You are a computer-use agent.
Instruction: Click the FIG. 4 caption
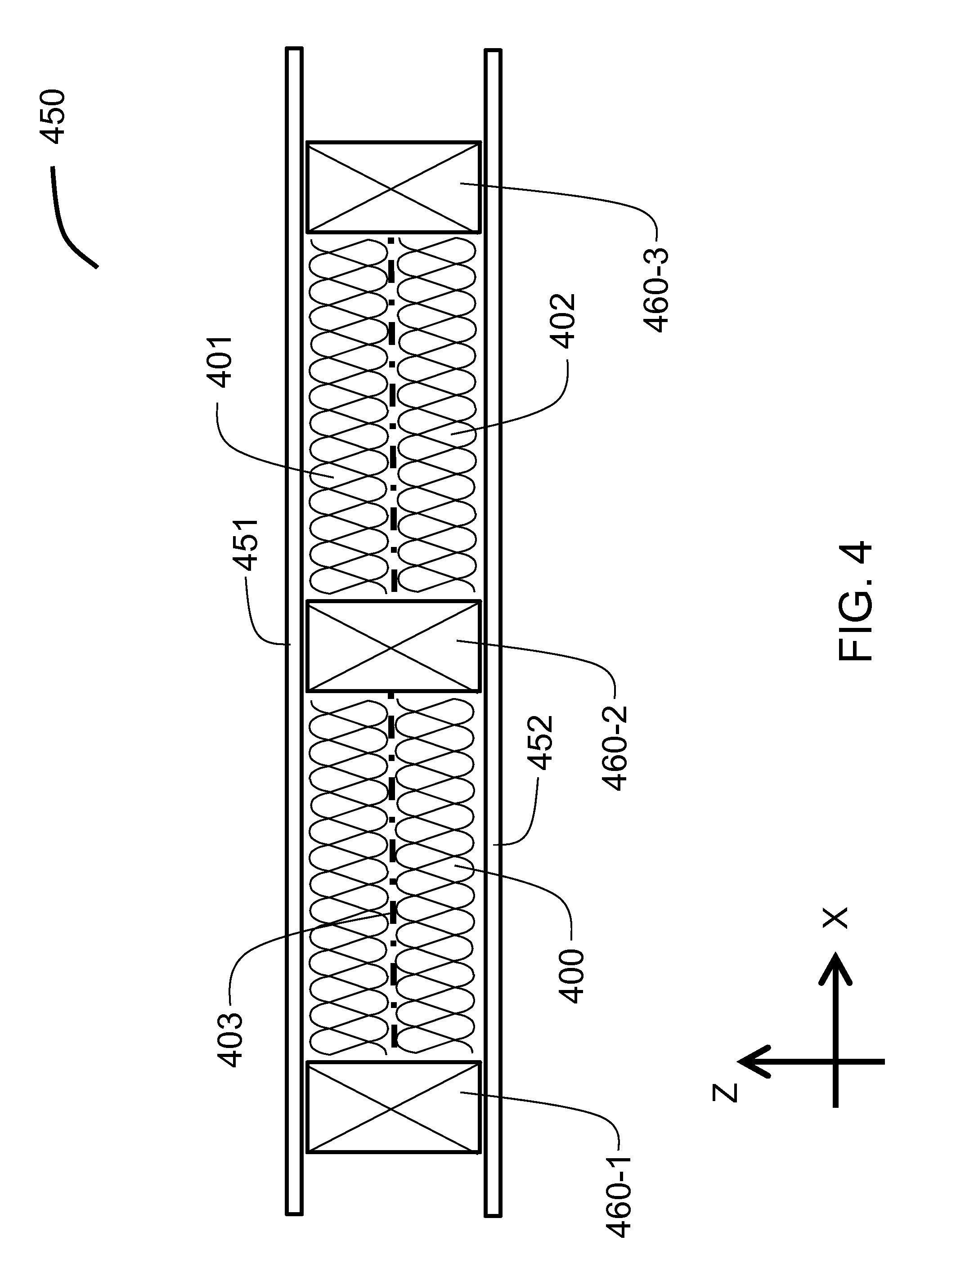click(855, 601)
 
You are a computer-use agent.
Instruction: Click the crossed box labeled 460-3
click(393, 188)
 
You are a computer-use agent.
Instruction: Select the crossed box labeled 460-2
click(393, 646)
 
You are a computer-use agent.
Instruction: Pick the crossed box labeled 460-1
click(393, 1106)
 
